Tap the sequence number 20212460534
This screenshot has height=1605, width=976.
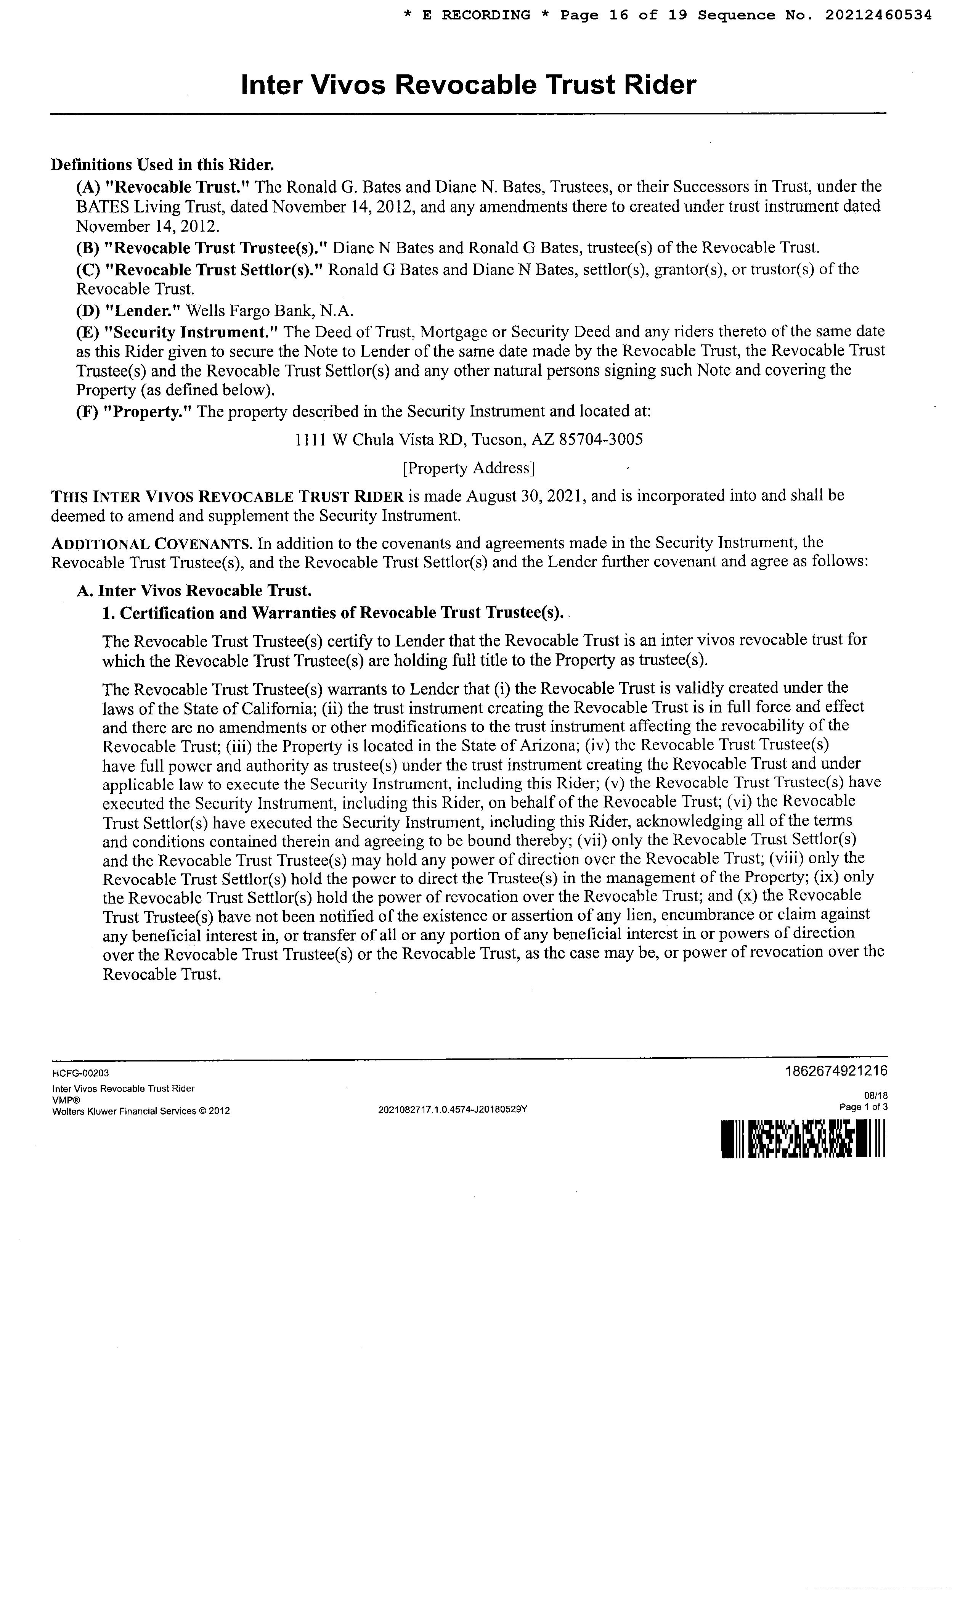click(x=878, y=15)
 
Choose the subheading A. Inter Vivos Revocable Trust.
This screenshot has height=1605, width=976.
click(x=194, y=591)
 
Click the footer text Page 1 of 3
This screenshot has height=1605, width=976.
click(x=864, y=1107)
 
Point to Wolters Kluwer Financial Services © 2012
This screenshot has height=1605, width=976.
click(x=141, y=1111)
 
